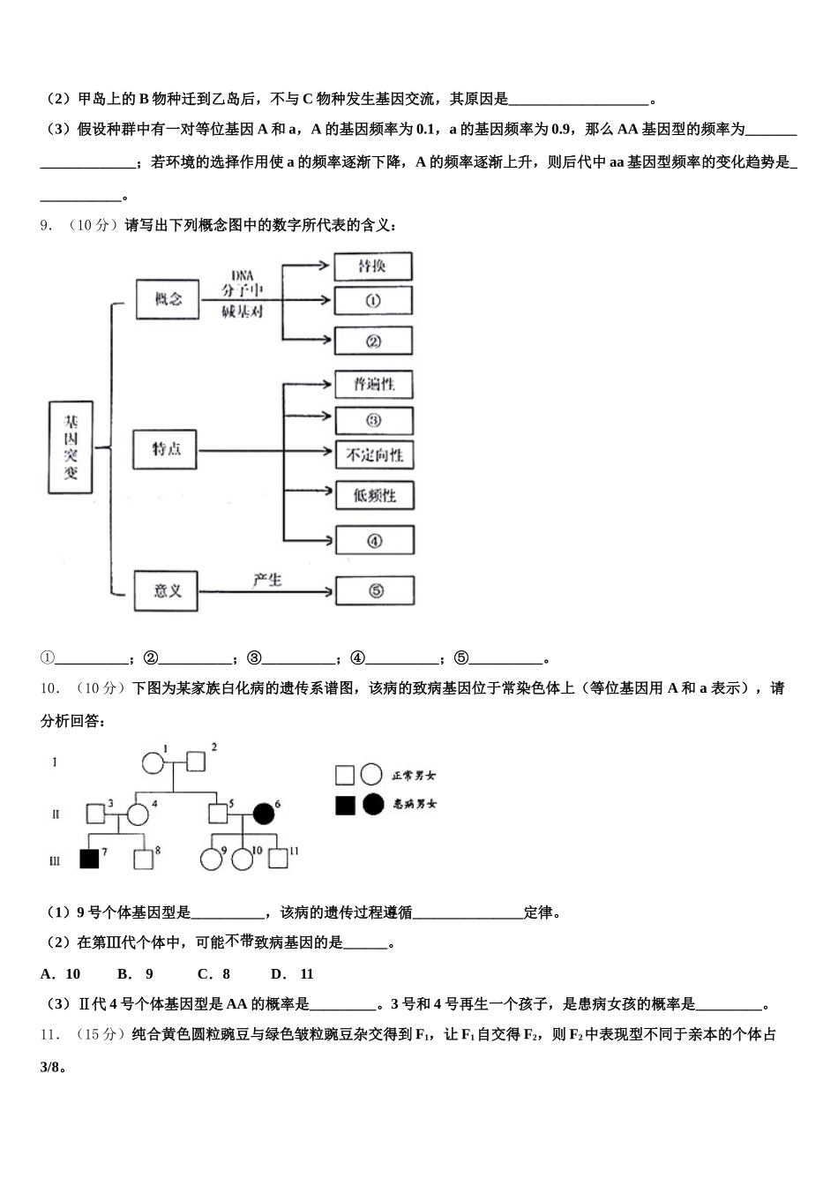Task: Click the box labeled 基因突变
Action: [x=71, y=447]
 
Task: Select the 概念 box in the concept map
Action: [x=168, y=299]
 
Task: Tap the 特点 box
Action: [x=165, y=449]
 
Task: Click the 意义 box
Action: [x=166, y=590]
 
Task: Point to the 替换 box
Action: [x=373, y=266]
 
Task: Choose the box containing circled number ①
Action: [x=373, y=300]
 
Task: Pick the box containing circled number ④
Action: [x=374, y=540]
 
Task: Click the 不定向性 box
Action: [x=374, y=455]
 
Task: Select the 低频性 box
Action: [x=374, y=496]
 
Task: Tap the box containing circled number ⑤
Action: [x=375, y=590]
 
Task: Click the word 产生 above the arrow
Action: [x=266, y=580]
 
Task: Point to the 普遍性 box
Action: [x=374, y=384]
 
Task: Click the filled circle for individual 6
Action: [x=263, y=813]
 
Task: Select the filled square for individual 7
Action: [x=89, y=859]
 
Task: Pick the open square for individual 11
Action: [x=278, y=859]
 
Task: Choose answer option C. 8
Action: [x=213, y=974]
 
